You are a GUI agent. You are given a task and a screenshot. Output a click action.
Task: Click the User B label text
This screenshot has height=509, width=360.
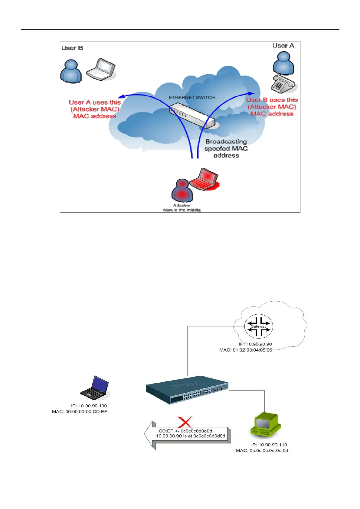click(x=72, y=48)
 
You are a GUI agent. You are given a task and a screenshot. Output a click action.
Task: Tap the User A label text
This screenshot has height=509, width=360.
click(x=283, y=46)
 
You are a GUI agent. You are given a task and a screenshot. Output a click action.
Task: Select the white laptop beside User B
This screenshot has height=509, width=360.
click(x=101, y=70)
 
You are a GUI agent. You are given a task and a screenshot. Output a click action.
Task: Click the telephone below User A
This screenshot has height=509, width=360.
click(x=282, y=84)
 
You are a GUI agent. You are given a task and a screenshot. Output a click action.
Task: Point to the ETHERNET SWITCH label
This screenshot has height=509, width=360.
click(x=192, y=98)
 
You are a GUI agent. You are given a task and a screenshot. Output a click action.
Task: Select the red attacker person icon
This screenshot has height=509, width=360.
click(x=182, y=190)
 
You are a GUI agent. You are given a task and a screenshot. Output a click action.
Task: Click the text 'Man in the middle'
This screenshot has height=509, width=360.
click(x=182, y=210)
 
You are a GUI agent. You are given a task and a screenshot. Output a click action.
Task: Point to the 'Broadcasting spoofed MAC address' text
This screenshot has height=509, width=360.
click(x=226, y=148)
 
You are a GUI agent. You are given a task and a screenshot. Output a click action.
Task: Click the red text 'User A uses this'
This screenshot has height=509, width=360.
click(x=95, y=102)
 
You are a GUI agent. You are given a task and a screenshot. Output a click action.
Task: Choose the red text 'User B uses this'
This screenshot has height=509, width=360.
click(x=272, y=100)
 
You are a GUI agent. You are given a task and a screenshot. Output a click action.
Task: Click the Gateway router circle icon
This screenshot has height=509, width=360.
click(x=259, y=326)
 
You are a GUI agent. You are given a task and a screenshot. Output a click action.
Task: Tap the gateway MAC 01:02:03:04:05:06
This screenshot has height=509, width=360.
click(x=246, y=350)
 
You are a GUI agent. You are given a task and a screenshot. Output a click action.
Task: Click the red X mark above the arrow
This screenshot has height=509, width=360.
click(x=185, y=422)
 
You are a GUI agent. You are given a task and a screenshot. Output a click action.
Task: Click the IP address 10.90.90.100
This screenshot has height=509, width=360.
click(x=89, y=406)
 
